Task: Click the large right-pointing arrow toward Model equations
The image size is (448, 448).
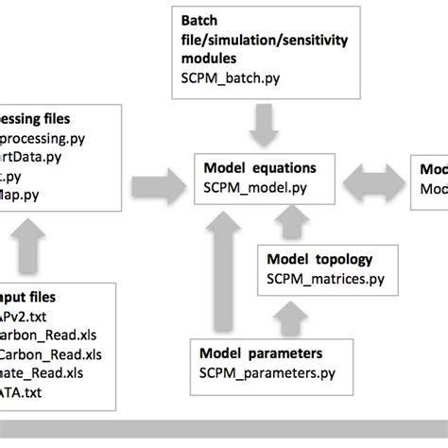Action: point(158,178)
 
